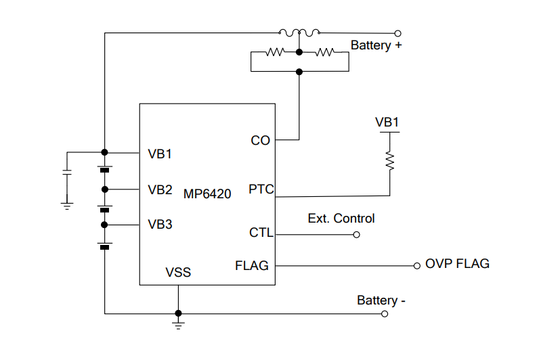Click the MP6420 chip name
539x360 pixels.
207,194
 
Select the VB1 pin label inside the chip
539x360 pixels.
160,154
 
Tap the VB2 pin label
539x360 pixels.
160,189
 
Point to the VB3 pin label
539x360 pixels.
160,225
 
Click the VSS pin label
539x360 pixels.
178,273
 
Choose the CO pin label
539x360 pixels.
260,141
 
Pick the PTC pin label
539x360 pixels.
261,189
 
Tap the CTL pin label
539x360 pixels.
261,233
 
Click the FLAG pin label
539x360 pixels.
252,265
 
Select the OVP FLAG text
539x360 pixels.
457,264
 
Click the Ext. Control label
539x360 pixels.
341,219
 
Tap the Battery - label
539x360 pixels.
381,300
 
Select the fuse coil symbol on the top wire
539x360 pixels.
299,32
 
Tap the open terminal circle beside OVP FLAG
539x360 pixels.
417,265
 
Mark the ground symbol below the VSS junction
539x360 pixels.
178,325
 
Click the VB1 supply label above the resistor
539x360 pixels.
387,122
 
